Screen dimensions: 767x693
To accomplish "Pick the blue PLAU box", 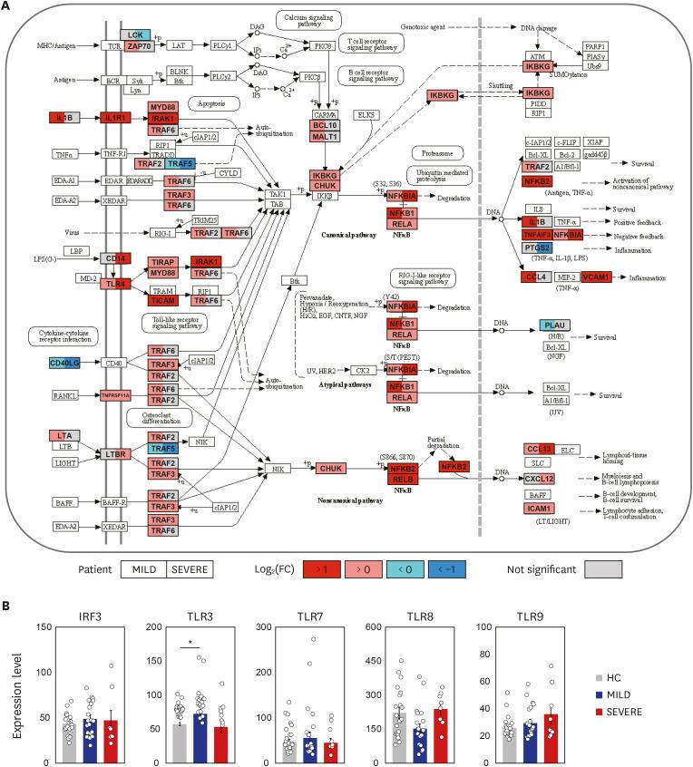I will pyautogui.click(x=558, y=325).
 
